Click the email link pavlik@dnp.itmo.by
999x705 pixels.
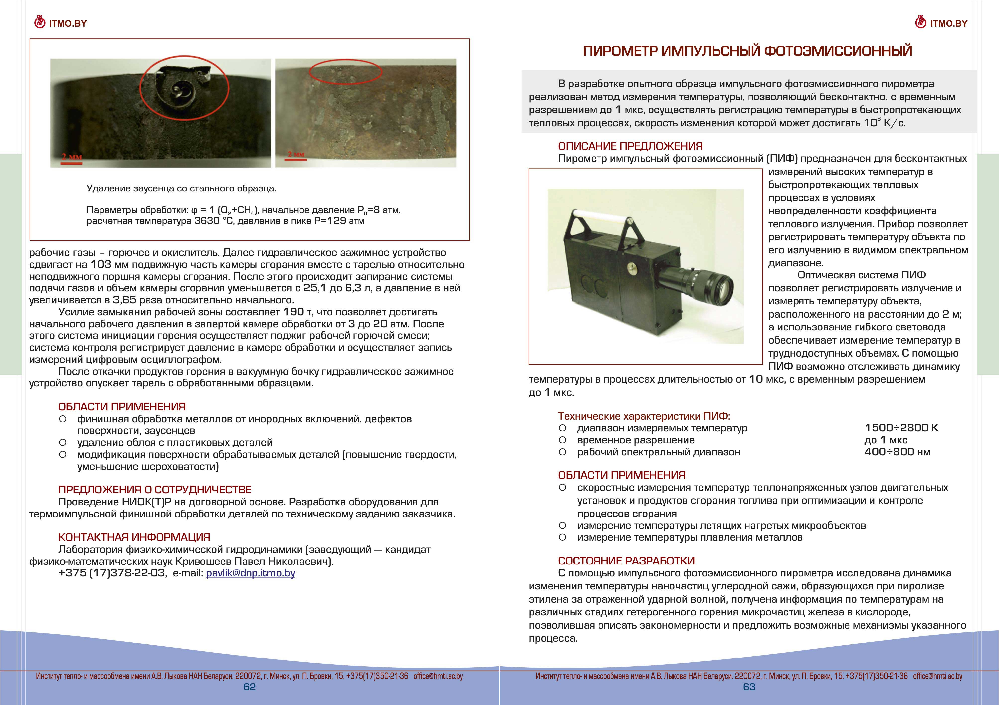[250, 573]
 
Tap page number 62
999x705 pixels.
[250, 687]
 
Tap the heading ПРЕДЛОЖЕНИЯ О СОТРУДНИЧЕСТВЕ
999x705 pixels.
[155, 490]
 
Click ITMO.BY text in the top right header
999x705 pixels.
[949, 23]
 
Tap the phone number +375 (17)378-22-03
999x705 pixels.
[112, 573]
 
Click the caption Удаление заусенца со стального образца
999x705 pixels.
[181, 188]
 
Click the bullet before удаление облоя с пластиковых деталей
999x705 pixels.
[63, 443]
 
